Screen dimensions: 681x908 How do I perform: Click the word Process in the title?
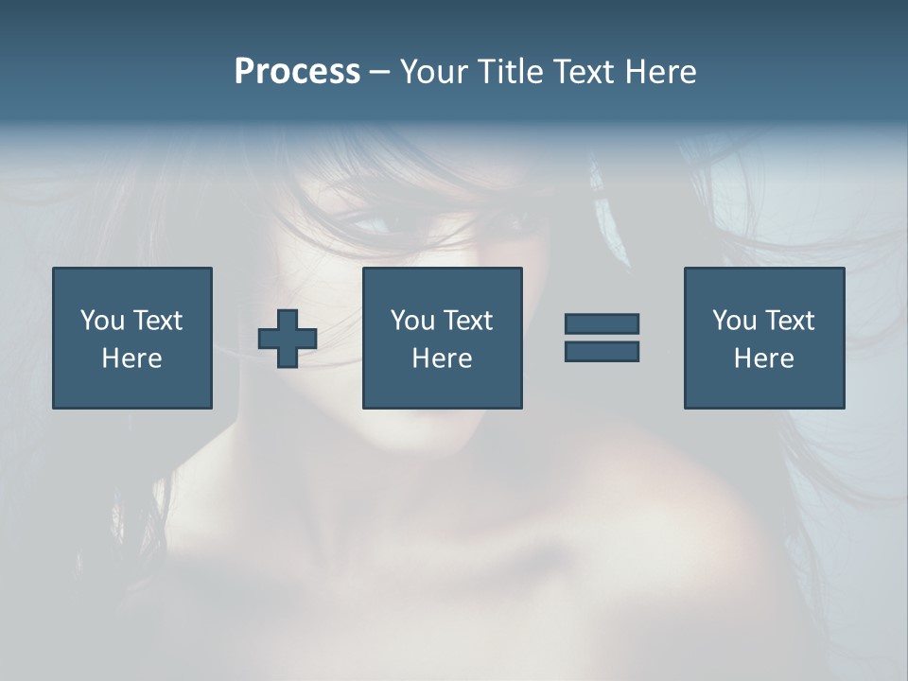[297, 72]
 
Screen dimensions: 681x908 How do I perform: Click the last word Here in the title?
[660, 72]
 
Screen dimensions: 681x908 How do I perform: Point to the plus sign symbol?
[288, 339]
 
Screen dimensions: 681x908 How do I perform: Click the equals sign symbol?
[602, 338]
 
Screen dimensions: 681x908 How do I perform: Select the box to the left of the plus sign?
[132, 338]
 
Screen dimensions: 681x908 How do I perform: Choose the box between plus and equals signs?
[442, 338]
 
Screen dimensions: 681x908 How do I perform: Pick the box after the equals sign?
[763, 338]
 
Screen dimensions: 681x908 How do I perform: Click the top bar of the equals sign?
[602, 323]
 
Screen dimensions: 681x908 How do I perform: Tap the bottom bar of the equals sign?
[602, 352]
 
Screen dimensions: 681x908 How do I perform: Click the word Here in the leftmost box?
[131, 358]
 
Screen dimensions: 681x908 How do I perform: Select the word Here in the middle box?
[442, 358]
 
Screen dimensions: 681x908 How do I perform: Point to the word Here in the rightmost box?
[763, 358]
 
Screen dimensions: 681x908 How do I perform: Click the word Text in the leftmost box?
[157, 321]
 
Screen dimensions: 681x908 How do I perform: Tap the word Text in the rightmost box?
[789, 321]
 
